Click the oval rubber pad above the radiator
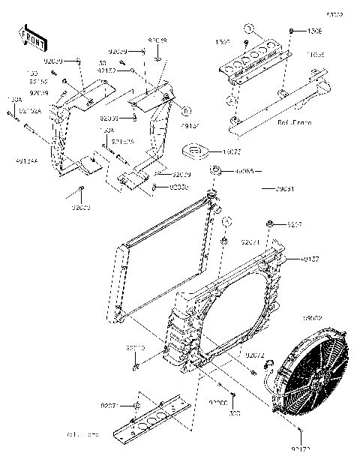tap(198, 153)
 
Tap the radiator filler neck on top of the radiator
tap(211, 196)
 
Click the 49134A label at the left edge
tap(26, 159)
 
